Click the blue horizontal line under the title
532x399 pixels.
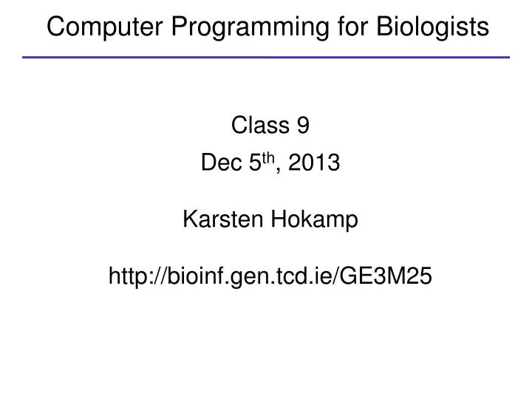point(266,57)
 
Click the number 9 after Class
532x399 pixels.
point(303,127)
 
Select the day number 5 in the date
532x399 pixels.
point(251,164)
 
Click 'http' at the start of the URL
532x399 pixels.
point(126,276)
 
